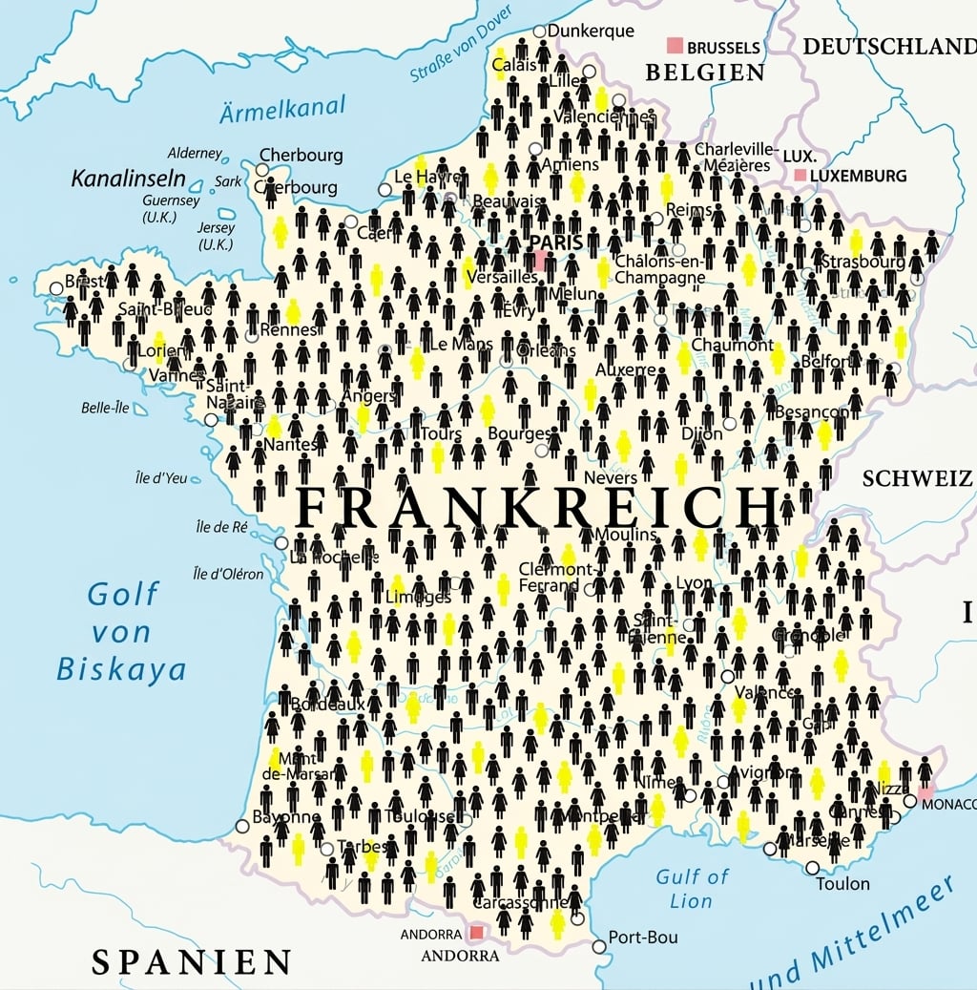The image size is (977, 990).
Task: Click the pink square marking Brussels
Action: [x=676, y=45]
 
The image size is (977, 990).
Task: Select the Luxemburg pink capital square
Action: [x=800, y=176]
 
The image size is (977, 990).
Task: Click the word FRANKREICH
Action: [x=535, y=507]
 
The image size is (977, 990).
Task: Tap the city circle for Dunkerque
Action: [x=540, y=32]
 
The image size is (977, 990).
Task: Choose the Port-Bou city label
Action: [x=643, y=937]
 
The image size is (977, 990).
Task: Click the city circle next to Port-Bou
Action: [x=598, y=947]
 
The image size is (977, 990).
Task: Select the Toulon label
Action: [x=842, y=884]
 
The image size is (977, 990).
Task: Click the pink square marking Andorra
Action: [x=476, y=932]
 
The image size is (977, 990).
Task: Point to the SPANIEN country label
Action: [x=191, y=960]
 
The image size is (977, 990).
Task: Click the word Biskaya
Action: [x=121, y=669]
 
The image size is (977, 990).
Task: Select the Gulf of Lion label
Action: [x=691, y=888]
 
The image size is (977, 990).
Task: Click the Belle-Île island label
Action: [x=106, y=408]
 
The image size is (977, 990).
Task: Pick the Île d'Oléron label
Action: [x=228, y=574]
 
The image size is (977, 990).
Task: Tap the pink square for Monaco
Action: [x=925, y=792]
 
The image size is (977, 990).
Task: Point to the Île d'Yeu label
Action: [x=161, y=478]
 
